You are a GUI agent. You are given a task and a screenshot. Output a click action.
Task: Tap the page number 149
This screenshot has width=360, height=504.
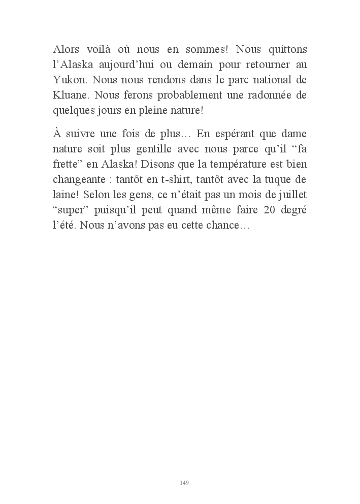(184, 482)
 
